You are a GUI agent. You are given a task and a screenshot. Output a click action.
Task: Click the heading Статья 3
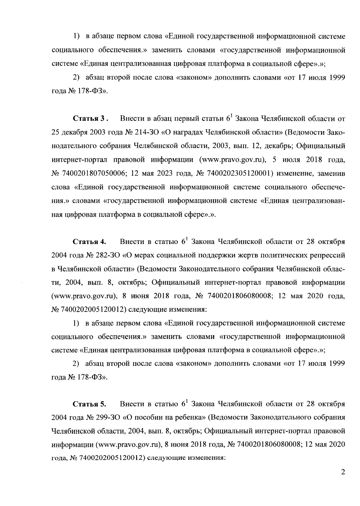click(x=90, y=119)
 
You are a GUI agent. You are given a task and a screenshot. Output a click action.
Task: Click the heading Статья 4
click(x=89, y=242)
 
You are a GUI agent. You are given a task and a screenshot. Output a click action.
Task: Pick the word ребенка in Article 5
click(x=190, y=417)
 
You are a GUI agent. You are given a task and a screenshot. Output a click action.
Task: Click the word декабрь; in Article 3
click(x=273, y=146)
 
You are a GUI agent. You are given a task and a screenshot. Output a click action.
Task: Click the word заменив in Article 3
click(x=331, y=174)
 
